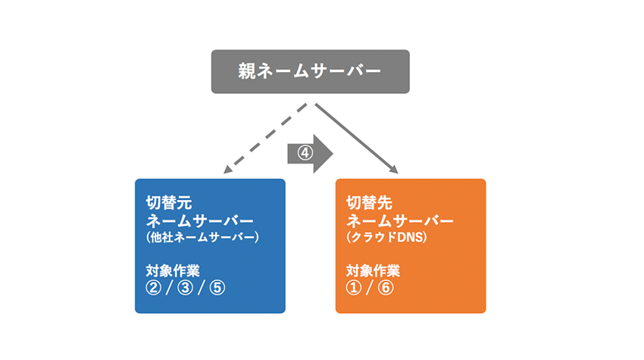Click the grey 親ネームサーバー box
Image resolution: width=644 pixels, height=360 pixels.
pos(310,71)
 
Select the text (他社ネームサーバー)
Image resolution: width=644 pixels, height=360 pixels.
pos(202,238)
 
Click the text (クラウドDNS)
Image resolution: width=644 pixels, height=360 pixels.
pos(385,238)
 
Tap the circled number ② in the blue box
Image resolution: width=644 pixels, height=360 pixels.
pos(155,288)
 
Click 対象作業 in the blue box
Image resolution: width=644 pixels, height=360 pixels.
pos(173,271)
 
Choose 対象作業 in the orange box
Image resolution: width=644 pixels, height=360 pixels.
pos(374,271)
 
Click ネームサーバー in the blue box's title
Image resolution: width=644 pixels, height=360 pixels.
pos(199,221)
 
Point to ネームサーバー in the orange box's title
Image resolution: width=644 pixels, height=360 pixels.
pos(400,221)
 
